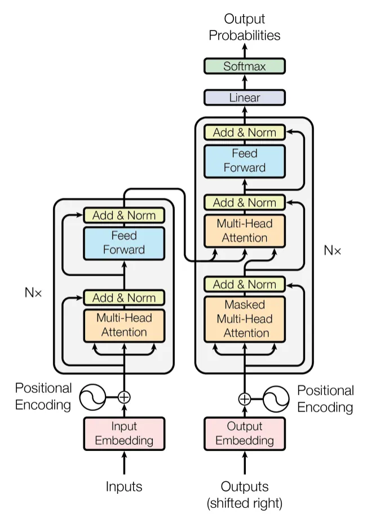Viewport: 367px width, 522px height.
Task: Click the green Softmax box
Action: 245,66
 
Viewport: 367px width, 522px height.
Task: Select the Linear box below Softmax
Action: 245,98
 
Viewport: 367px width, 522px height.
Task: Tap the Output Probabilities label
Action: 245,27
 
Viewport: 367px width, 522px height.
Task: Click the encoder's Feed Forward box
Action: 124,242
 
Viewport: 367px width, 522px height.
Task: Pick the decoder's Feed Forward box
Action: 245,160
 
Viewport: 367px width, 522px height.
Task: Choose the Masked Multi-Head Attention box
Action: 245,318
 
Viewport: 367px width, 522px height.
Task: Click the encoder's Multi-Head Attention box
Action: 124,325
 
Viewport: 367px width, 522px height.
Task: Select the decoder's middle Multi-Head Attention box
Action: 245,230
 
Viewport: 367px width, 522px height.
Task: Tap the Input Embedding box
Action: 124,433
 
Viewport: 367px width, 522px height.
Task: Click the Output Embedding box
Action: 245,433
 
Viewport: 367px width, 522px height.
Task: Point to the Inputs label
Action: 124,486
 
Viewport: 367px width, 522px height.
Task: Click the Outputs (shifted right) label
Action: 245,494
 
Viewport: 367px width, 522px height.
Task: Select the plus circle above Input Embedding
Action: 124,397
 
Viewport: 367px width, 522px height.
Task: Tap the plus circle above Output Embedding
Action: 245,399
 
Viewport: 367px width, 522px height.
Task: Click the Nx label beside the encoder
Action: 33,292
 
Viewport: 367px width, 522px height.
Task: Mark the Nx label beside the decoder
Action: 332,250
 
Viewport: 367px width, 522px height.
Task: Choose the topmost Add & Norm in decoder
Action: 245,132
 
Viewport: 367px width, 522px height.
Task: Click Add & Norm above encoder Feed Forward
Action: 124,215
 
